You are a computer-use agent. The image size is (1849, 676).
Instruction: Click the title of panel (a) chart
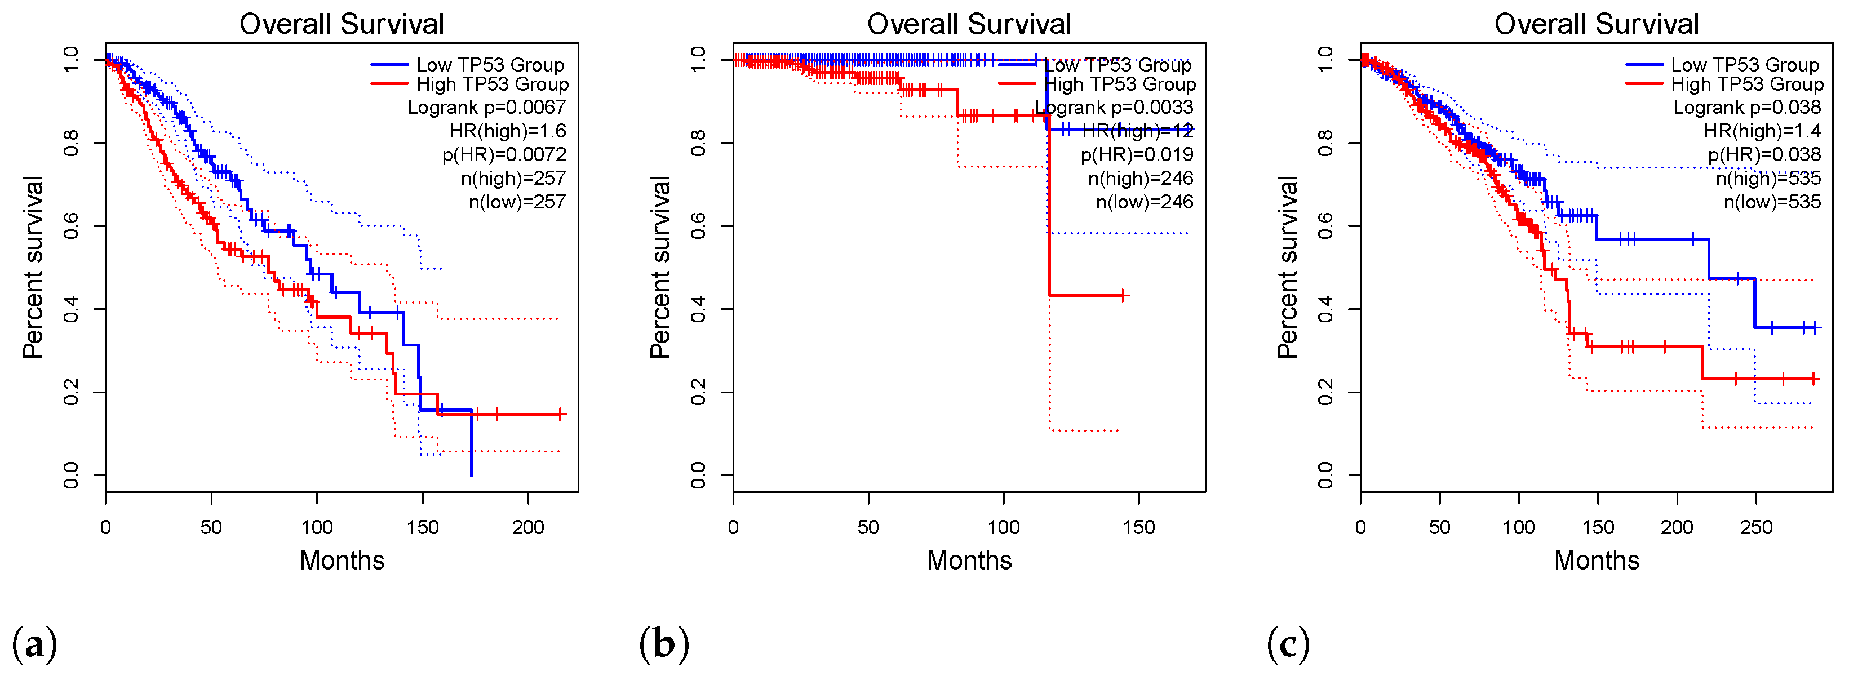click(342, 24)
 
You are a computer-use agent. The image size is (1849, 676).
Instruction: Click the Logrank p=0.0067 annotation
click(487, 108)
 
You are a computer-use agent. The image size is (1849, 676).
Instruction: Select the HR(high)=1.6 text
click(507, 131)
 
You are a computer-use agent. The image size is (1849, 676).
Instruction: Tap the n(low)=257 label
click(517, 202)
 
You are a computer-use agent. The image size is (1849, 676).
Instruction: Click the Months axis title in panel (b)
click(969, 561)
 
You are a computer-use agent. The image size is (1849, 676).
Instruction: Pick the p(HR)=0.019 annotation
click(1137, 155)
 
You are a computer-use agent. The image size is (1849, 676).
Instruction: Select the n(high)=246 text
click(1141, 179)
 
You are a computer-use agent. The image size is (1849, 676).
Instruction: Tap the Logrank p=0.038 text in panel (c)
click(1747, 108)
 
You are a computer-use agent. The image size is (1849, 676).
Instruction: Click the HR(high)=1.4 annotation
click(1762, 131)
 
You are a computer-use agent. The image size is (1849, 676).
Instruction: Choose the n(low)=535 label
click(1772, 202)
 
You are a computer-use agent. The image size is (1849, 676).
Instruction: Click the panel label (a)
click(34, 644)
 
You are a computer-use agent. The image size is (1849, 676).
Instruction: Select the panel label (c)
click(1288, 644)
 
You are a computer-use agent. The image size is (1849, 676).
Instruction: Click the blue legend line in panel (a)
click(389, 65)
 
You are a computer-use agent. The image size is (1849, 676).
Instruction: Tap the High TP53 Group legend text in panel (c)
click(1747, 84)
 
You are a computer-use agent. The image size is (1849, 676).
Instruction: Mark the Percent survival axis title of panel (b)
click(660, 267)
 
